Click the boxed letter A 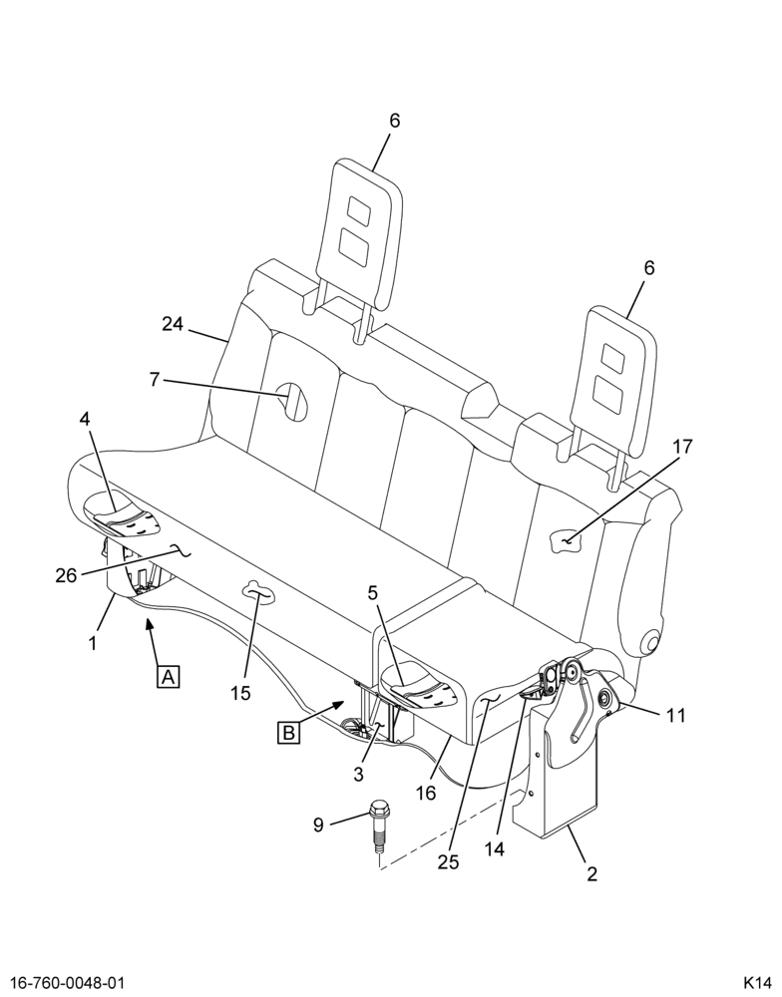[168, 677]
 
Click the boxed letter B [288, 733]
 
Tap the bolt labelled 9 [380, 830]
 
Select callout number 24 [172, 324]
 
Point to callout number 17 [682, 447]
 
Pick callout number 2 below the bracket [591, 874]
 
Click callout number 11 [676, 715]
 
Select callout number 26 [66, 576]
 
